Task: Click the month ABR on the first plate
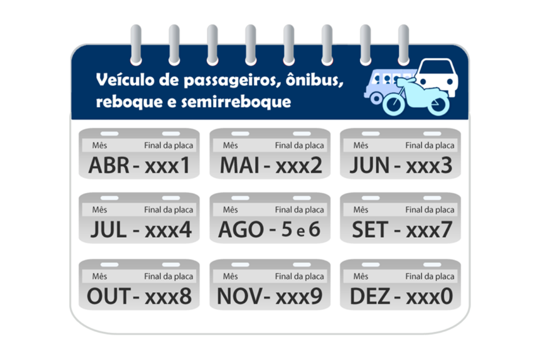pos(109,165)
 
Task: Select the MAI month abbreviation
pos(240,165)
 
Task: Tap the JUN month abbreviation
pos(369,165)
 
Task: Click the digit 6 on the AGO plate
pos(314,230)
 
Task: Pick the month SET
pos(370,230)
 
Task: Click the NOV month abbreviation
pos(239,296)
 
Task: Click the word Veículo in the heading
pos(125,80)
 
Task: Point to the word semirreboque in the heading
pos(236,102)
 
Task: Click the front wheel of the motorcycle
pos(393,104)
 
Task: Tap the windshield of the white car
pos(436,67)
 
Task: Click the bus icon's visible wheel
pos(376,98)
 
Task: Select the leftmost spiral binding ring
pos(136,45)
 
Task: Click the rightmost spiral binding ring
pos(403,45)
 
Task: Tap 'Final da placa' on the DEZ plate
pos(430,276)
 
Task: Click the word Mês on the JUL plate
pos(99,209)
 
